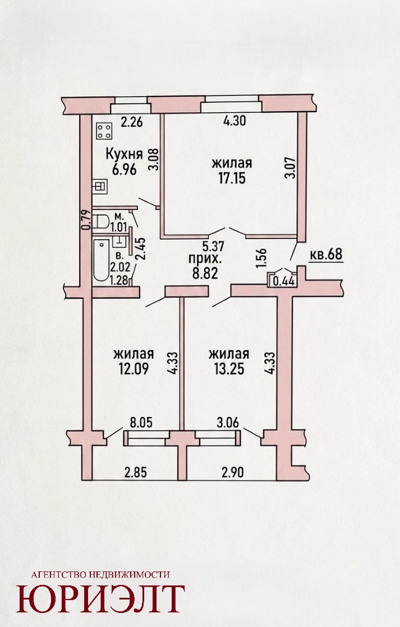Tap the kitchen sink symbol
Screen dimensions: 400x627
[x=100, y=186]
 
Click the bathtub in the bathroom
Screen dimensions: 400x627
[x=101, y=260]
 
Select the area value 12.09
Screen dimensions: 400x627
[x=134, y=369]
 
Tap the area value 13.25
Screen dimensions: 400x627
[x=229, y=369]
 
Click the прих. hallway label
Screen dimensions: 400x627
[x=204, y=259]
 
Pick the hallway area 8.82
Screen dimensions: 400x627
[x=204, y=274]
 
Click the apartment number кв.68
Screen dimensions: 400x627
[x=326, y=254]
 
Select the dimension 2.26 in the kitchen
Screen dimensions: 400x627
[x=131, y=122]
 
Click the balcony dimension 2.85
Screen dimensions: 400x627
[x=136, y=472]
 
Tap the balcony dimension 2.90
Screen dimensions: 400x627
[x=233, y=472]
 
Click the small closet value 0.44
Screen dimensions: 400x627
[x=284, y=282]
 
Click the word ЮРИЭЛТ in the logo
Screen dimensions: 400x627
[x=100, y=598]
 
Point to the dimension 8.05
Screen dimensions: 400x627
[x=142, y=423]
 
